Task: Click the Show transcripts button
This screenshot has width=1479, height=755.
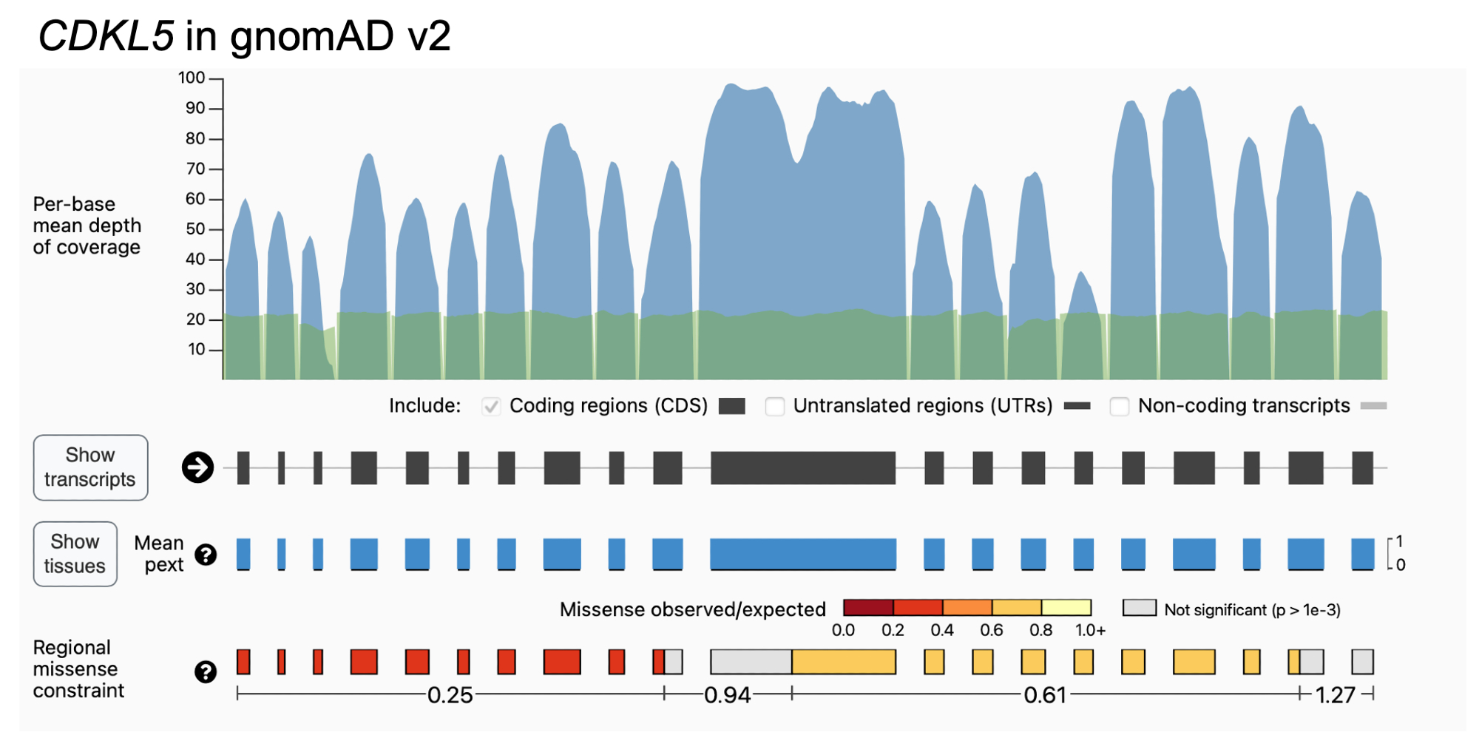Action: [90, 467]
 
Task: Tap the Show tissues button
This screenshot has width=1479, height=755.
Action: [75, 554]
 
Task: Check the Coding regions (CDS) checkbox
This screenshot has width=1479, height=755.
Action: [491, 406]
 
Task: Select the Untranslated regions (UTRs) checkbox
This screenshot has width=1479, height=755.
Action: [774, 406]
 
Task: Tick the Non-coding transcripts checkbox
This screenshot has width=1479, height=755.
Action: [1119, 406]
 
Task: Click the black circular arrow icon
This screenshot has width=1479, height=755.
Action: [198, 467]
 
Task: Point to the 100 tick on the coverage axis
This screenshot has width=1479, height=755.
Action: [192, 78]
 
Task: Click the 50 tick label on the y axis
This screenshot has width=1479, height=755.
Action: [195, 228]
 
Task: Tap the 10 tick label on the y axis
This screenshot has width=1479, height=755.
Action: [196, 349]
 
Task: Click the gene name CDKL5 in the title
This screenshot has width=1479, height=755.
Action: [106, 35]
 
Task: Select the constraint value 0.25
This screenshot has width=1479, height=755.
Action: [450, 695]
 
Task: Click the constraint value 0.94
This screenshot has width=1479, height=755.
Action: [727, 695]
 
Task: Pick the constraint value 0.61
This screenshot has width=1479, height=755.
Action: [1044, 695]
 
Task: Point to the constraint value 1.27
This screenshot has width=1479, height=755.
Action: [1335, 695]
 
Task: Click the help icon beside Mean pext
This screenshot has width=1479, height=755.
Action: [206, 555]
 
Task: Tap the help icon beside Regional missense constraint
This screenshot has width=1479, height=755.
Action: [206, 671]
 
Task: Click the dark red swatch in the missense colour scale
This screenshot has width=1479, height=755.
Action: [868, 608]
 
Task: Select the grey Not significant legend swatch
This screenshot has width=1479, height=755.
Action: [1139, 608]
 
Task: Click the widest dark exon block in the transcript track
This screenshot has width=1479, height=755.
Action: [802, 467]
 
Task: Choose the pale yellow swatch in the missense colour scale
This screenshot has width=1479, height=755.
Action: [1066, 608]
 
